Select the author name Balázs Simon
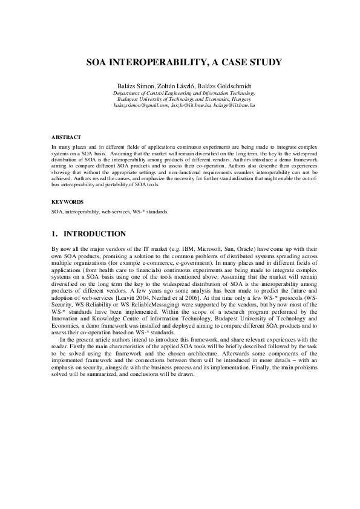pos(137,86)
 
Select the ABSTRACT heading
pos(66,138)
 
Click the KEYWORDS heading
pos(68,201)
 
